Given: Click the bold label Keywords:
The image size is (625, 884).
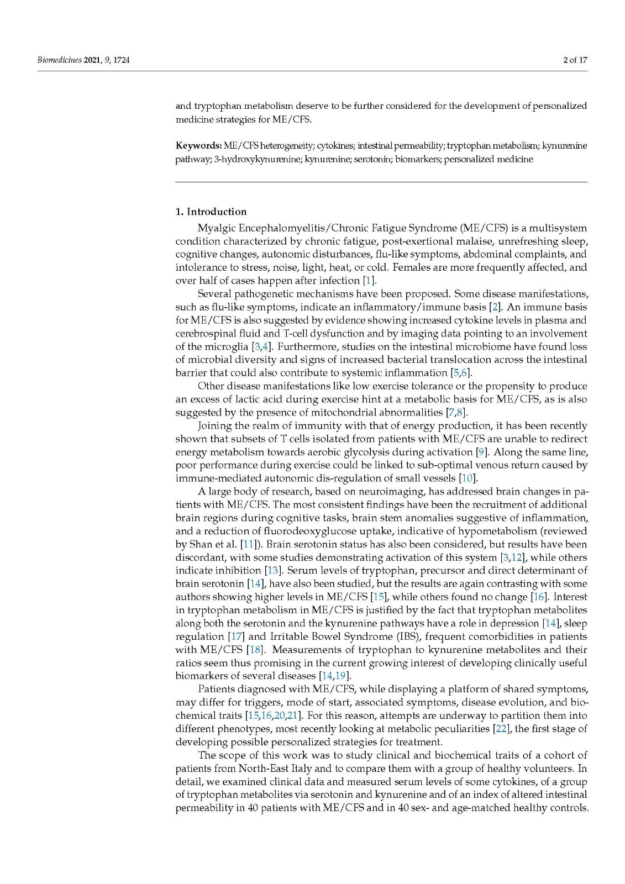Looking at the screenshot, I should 198,146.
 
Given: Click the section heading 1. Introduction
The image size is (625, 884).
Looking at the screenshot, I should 211,212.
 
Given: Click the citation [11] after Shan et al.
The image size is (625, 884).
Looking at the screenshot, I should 248,544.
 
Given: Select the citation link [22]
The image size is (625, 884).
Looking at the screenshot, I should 501,729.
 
